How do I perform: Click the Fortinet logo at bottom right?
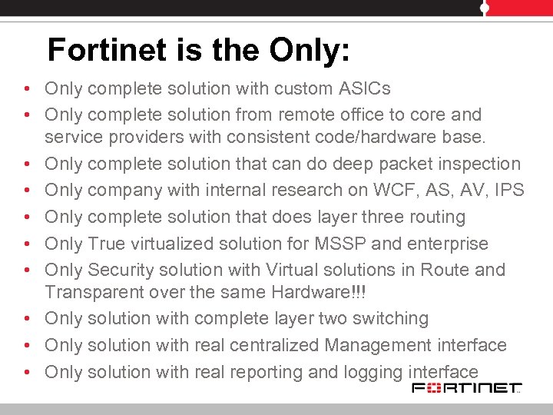pyautogui.click(x=467, y=387)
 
